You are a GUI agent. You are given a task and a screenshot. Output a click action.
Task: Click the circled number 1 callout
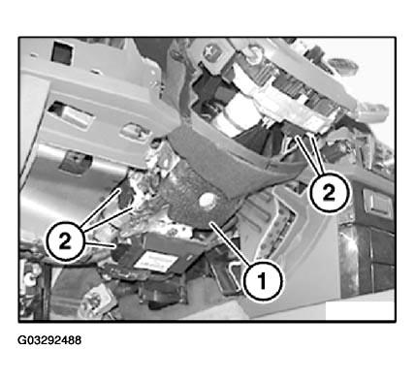pyautogui.click(x=263, y=280)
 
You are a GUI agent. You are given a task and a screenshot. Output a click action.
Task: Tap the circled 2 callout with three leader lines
pyautogui.click(x=65, y=241)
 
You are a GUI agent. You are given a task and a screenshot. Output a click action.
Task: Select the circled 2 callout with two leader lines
pyautogui.click(x=329, y=193)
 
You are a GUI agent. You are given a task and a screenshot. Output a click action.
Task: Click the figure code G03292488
pyautogui.click(x=49, y=340)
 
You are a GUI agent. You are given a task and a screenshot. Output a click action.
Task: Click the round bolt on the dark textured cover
pyautogui.click(x=207, y=202)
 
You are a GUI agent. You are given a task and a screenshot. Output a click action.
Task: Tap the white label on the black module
pyautogui.click(x=156, y=260)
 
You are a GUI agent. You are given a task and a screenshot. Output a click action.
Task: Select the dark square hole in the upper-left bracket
pyautogui.click(x=62, y=51)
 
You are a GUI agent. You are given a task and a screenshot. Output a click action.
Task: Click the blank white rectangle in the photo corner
pyautogui.click(x=360, y=310)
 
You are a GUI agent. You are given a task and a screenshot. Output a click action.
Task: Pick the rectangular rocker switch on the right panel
pyautogui.click(x=377, y=204)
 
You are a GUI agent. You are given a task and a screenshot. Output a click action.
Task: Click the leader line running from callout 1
pyautogui.click(x=231, y=244)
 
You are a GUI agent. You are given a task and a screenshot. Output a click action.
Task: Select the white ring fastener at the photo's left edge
pyautogui.click(x=29, y=277)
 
